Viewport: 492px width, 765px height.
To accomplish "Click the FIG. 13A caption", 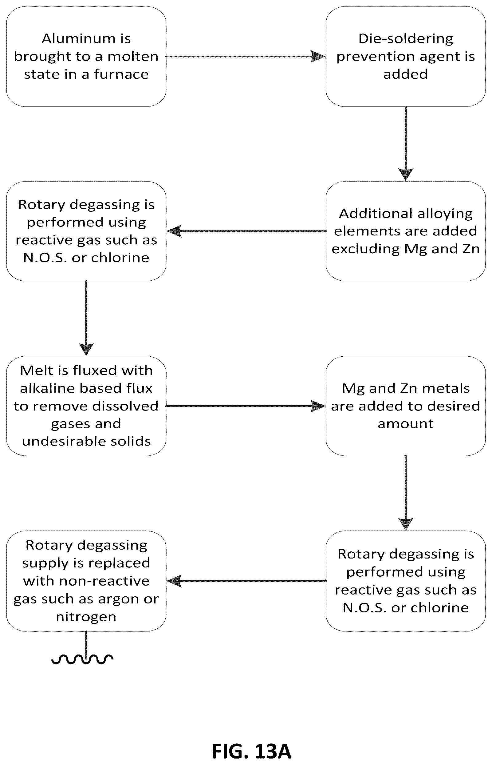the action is coord(252,751).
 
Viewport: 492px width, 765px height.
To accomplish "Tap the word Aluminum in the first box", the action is coord(79,39).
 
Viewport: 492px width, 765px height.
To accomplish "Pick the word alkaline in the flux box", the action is coord(48,388).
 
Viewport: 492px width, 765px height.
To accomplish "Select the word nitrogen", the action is coord(86,617).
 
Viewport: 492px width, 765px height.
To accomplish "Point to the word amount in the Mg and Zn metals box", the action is coord(406,424).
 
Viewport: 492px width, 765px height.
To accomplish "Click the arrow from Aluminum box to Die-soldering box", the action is coord(246,57).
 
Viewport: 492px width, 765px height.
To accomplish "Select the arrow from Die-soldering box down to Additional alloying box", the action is coord(406,144).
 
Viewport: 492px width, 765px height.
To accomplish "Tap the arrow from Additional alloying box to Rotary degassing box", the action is coord(246,231).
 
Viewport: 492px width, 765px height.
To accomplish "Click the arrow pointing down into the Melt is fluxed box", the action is coord(86,318).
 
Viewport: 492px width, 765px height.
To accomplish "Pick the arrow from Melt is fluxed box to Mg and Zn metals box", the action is coord(246,406).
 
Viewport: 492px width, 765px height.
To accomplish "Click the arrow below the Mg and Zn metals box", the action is coord(406,493).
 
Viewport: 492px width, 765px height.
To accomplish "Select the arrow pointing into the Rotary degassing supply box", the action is coord(246,581).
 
